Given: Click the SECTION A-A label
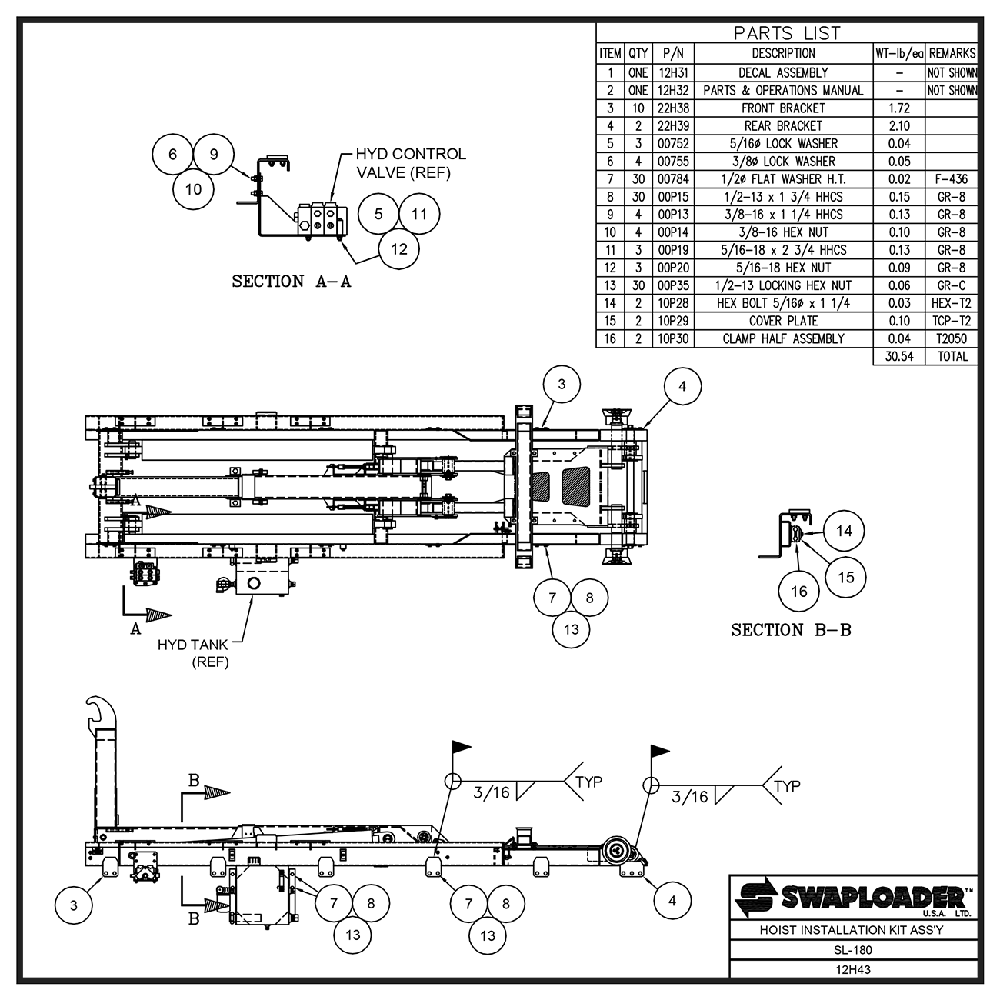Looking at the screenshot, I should (x=291, y=282).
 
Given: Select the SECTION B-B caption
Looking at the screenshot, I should (x=791, y=630).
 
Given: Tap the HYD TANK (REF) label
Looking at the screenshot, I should (x=193, y=653).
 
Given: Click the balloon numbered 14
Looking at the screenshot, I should (x=845, y=531).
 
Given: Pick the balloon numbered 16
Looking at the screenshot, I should (x=799, y=591).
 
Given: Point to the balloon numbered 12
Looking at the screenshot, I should (x=398, y=248).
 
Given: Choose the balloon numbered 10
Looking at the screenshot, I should (x=194, y=188).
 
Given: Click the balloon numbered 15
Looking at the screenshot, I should (x=845, y=577).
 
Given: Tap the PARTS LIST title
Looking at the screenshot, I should (x=786, y=33).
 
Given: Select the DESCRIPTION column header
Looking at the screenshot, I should (x=783, y=54).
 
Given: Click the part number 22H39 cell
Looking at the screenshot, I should (x=673, y=125).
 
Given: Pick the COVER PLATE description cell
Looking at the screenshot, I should (x=783, y=321).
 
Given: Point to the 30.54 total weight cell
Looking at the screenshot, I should (x=898, y=356).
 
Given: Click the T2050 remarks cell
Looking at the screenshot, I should (x=952, y=338).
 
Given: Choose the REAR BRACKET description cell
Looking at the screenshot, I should (x=783, y=125).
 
